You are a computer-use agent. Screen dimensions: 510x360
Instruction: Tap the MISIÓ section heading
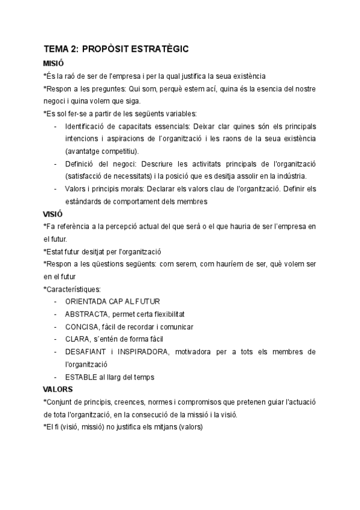pos(53,63)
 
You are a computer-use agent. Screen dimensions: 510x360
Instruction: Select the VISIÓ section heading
pos(53,214)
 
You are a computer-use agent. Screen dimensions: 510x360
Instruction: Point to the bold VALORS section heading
pos(58,389)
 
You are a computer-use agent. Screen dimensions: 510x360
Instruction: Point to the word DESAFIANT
pos(88,352)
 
